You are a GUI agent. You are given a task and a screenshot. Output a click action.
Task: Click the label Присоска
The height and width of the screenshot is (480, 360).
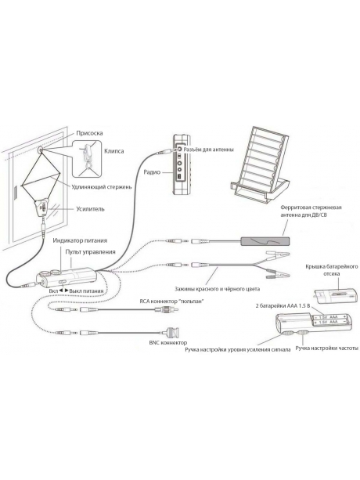(x=89, y=133)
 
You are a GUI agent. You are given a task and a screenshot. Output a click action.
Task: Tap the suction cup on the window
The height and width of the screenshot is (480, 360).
(x=41, y=150)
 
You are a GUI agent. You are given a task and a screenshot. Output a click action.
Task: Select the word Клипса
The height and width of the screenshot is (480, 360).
(x=114, y=151)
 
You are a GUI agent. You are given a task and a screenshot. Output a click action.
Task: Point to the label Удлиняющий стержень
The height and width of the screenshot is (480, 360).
(x=102, y=186)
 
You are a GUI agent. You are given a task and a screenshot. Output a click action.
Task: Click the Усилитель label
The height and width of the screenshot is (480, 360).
(x=90, y=209)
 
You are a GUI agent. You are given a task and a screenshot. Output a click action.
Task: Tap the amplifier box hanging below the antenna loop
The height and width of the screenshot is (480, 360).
(x=43, y=208)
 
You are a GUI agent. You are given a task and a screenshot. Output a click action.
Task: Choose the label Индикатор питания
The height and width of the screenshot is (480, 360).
(x=80, y=240)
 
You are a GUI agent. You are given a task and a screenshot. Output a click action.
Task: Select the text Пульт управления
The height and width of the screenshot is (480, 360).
(x=90, y=252)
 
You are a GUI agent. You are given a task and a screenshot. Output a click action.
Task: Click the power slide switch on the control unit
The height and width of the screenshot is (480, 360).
(x=63, y=282)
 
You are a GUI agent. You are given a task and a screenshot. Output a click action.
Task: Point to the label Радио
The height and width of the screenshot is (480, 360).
(x=152, y=172)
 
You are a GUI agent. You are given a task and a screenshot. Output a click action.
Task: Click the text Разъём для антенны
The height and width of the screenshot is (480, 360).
(x=209, y=150)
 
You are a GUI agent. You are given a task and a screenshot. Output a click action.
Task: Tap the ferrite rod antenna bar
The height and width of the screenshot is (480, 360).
(x=265, y=241)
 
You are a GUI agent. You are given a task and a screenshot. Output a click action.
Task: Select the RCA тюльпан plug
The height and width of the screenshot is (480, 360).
(x=168, y=309)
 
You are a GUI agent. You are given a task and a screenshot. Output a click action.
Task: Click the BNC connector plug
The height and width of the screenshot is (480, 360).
(x=171, y=332)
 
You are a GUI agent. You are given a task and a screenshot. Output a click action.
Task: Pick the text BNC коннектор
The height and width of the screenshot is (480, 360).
(x=168, y=343)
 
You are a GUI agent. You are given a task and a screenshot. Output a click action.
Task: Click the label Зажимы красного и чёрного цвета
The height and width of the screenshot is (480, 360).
(x=217, y=289)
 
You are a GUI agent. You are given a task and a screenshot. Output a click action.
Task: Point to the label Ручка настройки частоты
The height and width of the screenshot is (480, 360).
(x=326, y=348)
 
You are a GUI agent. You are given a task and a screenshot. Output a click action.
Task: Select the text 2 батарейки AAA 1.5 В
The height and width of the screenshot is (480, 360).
(x=283, y=306)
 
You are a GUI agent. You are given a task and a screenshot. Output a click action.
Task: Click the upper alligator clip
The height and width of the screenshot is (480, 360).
(x=277, y=254)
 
